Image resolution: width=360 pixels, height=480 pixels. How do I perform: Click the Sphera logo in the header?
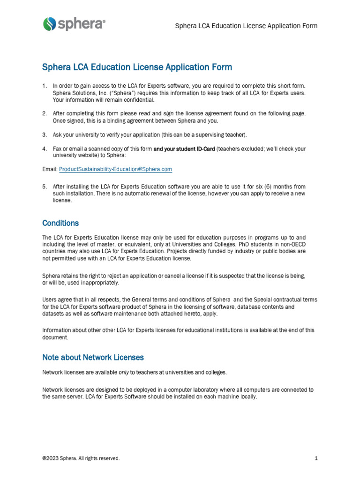click(74, 24)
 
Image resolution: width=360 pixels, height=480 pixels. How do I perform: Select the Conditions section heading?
click(60, 223)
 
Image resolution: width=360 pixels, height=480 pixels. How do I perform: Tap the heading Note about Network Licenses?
click(93, 357)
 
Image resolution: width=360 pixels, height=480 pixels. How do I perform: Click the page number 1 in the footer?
click(316, 458)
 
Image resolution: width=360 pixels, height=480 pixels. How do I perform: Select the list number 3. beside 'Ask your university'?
click(45, 135)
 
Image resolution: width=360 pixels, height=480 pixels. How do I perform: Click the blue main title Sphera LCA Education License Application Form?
click(137, 67)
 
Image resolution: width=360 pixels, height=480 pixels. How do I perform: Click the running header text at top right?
click(246, 26)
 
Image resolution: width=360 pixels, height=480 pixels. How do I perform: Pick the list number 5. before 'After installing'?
click(45, 186)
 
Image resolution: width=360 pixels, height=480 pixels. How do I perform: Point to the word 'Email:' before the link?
click(50, 169)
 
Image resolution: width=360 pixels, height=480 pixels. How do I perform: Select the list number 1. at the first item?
click(45, 86)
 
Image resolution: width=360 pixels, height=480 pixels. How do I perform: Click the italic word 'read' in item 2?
click(145, 113)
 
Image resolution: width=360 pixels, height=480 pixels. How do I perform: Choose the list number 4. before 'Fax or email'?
click(45, 149)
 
